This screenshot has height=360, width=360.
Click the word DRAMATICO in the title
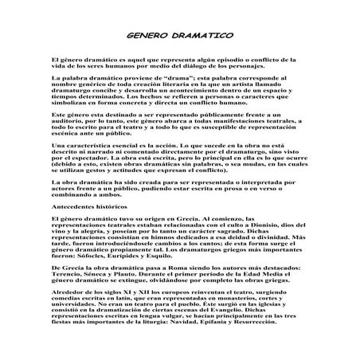200,37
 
